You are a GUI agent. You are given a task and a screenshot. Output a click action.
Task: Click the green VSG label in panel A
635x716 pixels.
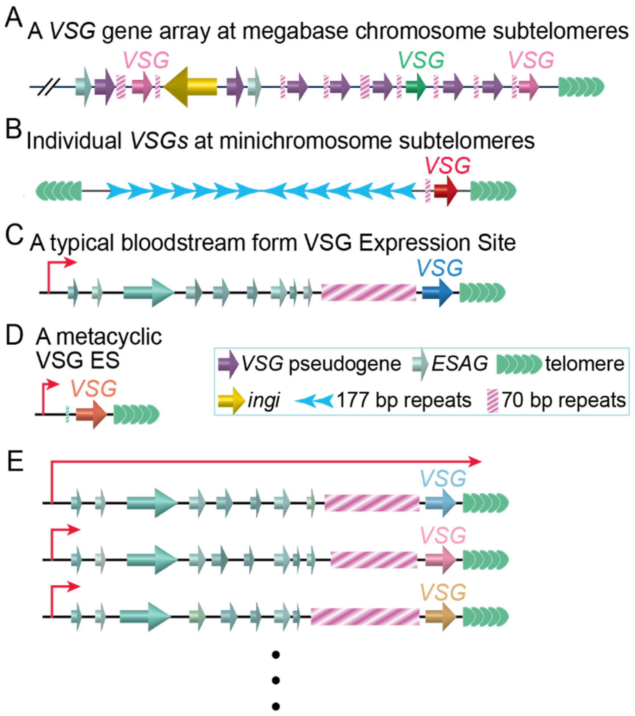tap(421, 60)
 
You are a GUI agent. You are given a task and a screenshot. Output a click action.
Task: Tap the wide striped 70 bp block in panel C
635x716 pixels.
tap(368, 292)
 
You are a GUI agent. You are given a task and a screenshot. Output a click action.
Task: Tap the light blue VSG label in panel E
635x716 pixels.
tap(443, 478)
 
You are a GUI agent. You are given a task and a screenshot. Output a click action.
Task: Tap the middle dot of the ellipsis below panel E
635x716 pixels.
tap(276, 680)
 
